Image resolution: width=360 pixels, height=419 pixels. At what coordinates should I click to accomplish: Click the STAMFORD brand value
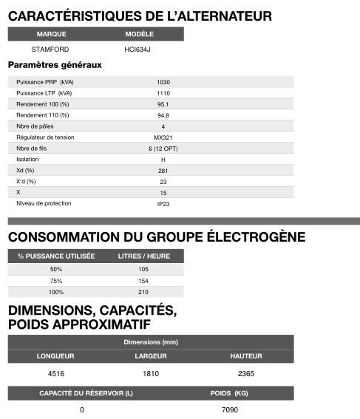[50, 49]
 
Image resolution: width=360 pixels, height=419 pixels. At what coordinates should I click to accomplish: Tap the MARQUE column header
[51, 34]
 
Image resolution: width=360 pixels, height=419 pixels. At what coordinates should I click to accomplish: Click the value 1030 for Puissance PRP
[163, 81]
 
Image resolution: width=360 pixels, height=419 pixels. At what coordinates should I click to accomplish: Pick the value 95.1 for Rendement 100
[163, 104]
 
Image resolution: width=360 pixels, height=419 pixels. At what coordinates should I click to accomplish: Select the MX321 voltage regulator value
[163, 137]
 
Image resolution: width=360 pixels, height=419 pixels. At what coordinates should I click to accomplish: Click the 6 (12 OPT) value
[163, 149]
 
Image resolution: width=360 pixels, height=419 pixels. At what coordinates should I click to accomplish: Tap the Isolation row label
[27, 159]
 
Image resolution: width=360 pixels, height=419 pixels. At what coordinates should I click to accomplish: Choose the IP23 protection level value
[163, 203]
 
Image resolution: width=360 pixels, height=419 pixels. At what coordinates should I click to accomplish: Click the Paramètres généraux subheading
[55, 65]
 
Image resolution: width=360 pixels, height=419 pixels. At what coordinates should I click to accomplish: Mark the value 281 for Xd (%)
[163, 171]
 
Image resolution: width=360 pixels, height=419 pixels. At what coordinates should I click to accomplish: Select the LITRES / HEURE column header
[144, 256]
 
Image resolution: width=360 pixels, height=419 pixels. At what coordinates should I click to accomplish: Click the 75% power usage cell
[56, 281]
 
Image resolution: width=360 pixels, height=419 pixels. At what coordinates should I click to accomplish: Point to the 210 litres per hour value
[143, 293]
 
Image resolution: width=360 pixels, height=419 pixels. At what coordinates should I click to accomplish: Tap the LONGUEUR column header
[55, 356]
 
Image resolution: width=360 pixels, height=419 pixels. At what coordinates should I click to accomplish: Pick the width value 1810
[151, 374]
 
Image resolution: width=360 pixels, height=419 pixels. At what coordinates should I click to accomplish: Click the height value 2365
[246, 374]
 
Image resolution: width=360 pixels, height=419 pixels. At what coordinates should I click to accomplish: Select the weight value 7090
[230, 409]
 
